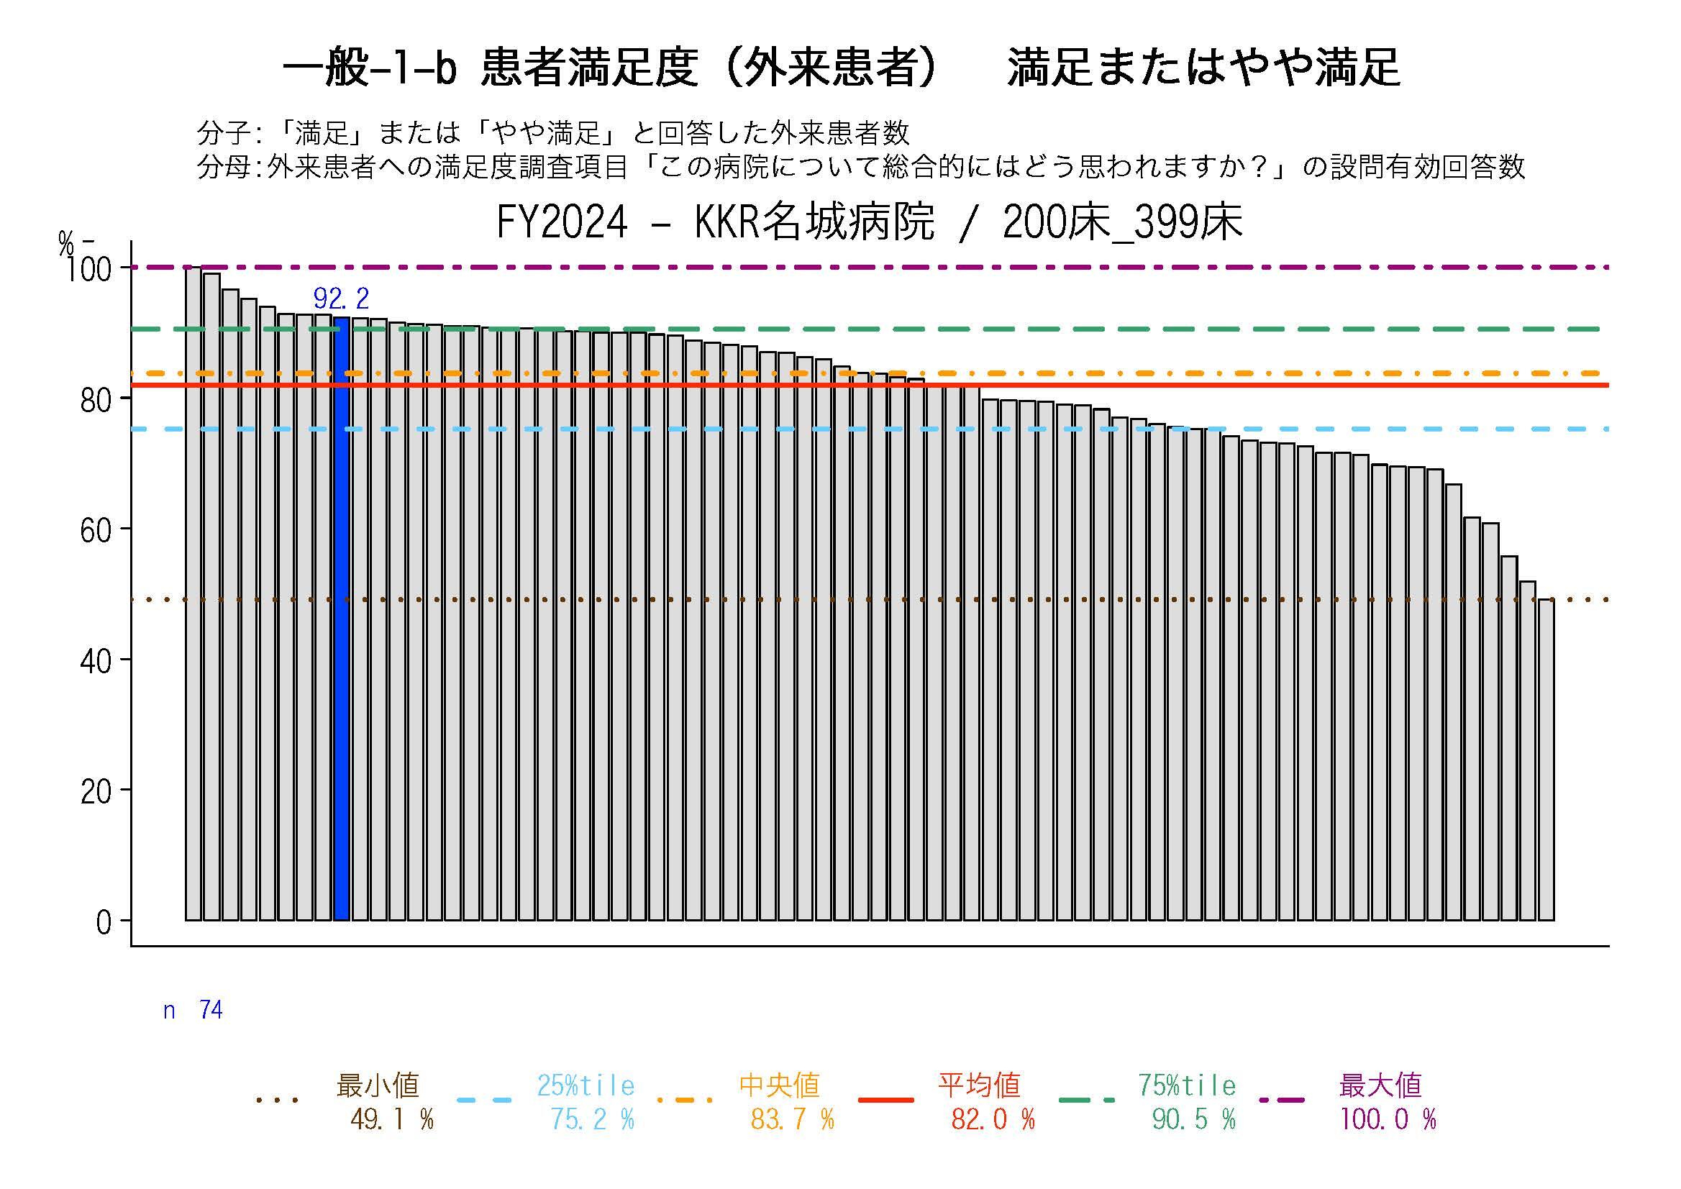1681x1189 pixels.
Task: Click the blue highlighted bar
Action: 341,618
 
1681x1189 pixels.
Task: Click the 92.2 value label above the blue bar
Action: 341,299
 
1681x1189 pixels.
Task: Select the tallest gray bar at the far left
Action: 193,593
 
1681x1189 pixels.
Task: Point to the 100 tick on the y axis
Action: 88,270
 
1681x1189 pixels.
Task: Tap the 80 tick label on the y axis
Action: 96,400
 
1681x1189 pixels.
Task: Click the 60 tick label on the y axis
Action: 96,530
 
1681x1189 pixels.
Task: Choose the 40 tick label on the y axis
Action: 96,661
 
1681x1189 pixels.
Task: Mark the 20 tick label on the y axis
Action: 96,791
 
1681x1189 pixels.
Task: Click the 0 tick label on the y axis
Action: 104,922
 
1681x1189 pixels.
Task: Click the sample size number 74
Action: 211,1011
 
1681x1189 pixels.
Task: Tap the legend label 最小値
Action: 378,1085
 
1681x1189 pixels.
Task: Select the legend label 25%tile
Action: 586,1085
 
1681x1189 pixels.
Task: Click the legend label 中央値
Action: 779,1085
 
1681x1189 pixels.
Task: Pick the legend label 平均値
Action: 980,1085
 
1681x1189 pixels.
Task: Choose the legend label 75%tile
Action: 1187,1085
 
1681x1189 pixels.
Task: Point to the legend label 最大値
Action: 1380,1085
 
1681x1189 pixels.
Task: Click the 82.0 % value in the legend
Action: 993,1119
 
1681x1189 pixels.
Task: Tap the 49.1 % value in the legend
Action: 392,1119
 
